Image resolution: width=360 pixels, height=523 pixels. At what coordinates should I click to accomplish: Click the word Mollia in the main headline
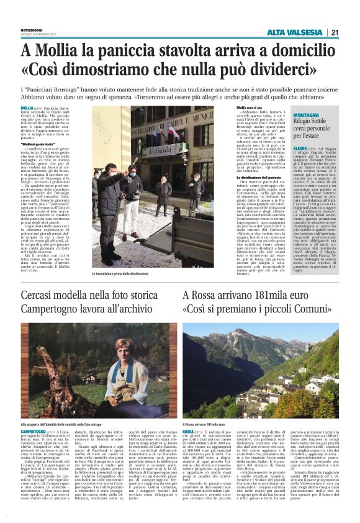coord(58,50)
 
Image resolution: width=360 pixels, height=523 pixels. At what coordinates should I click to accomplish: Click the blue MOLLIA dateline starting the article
coord(27,108)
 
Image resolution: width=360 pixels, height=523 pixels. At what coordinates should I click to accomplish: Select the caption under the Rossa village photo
coord(205,406)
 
